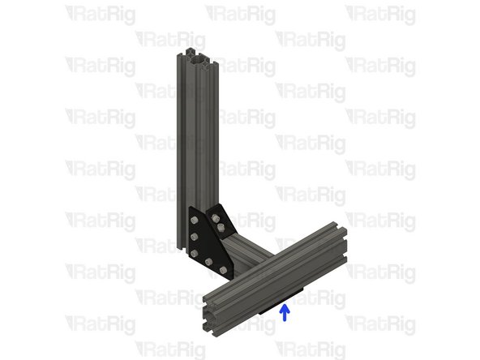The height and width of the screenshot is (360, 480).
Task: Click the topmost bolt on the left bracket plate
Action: tap(194, 216)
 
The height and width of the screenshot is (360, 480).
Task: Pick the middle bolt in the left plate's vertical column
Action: tap(195, 236)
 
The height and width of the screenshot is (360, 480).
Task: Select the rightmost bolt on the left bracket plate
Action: tap(224, 270)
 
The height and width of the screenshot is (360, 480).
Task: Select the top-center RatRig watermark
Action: tap(240, 14)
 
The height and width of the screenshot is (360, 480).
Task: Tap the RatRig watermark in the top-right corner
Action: tap(380, 14)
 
